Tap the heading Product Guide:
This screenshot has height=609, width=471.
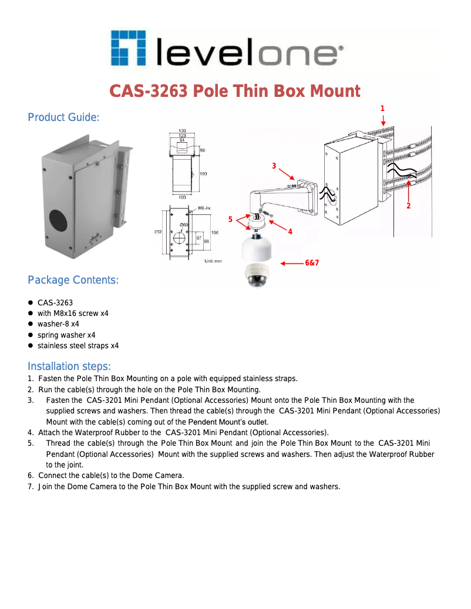tap(63, 117)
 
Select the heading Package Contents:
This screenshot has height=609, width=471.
tap(73, 280)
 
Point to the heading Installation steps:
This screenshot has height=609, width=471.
tap(69, 366)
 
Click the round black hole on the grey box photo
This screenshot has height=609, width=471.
tap(58, 220)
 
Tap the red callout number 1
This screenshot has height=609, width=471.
tap(382, 109)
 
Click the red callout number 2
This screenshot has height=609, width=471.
tap(408, 206)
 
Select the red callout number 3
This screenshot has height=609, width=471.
tap(274, 166)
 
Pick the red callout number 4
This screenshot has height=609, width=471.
tap(290, 231)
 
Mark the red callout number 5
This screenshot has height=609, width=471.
tap(230, 220)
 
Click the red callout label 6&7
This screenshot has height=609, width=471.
tap(312, 263)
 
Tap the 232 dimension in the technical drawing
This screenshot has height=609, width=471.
tap(158, 232)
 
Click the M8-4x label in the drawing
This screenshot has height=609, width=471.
tap(204, 208)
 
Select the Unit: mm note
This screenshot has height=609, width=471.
tap(213, 261)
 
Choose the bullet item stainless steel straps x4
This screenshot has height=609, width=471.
tap(78, 346)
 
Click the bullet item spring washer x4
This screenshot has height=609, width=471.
tap(66, 335)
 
